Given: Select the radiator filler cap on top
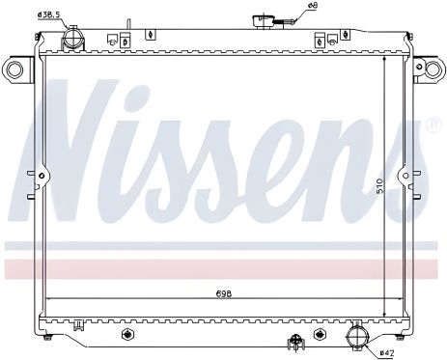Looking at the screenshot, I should click(263, 22).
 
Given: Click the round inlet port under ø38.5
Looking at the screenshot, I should click(70, 39).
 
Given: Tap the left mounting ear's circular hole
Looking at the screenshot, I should click(14, 69).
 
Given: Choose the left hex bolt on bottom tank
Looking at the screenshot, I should click(126, 335).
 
